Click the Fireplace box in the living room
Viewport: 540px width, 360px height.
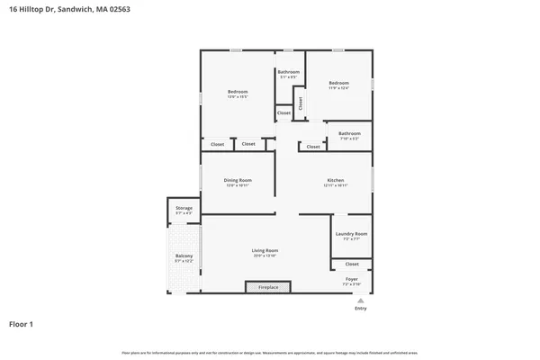click(268, 287)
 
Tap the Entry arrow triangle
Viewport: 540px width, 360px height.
click(360, 301)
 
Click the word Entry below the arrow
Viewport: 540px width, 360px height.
click(360, 308)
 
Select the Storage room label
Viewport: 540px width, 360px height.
click(184, 208)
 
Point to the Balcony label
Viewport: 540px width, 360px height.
click(184, 256)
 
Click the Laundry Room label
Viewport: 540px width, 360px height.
click(351, 233)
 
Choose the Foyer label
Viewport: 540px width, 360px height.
click(351, 279)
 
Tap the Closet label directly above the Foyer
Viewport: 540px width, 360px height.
click(351, 264)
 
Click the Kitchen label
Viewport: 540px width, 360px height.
click(336, 180)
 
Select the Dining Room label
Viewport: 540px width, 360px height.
click(238, 180)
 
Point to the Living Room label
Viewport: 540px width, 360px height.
click(265, 250)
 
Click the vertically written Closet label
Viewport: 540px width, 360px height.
click(301, 103)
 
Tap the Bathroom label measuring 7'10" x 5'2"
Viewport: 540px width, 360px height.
click(348, 134)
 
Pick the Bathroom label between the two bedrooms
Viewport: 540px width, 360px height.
click(288, 72)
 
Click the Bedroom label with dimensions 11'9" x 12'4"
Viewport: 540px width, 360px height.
click(338, 83)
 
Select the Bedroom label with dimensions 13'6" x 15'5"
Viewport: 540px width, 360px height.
click(238, 91)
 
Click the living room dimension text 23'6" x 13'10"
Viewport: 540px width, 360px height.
click(265, 256)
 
